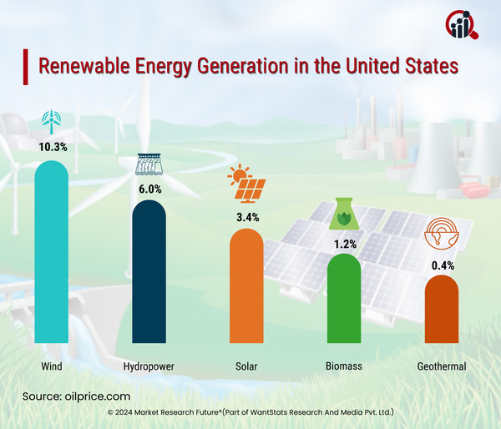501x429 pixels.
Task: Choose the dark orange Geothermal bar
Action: point(442,310)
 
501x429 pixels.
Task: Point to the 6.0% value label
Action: point(149,188)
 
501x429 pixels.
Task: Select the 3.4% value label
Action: point(247,216)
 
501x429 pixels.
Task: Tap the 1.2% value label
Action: point(345,244)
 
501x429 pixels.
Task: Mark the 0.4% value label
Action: point(442,263)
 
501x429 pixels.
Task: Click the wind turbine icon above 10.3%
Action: point(51,121)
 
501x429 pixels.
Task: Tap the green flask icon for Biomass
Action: point(345,216)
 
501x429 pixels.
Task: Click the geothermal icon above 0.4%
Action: point(442,235)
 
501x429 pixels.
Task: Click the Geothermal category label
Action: point(442,366)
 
